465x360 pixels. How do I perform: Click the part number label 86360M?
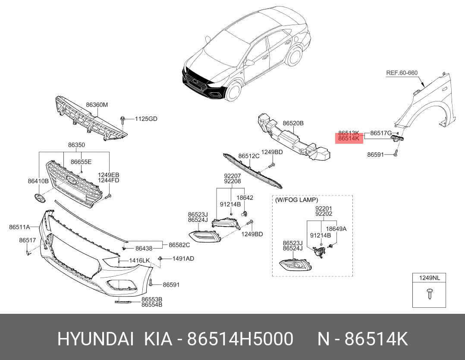[x=97, y=105]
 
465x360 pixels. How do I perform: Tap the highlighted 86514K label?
[x=349, y=139]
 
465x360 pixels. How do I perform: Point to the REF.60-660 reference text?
[x=402, y=73]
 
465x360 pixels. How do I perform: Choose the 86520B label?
[x=293, y=123]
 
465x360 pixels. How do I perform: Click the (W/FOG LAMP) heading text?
[x=297, y=200]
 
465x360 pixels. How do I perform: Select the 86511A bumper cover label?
[x=19, y=227]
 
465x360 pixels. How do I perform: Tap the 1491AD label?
[x=183, y=259]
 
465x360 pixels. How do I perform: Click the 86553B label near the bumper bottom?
[x=152, y=299]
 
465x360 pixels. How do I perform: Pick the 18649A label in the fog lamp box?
[x=336, y=229]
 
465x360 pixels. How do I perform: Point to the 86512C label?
[x=249, y=156]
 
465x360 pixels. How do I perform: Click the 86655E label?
[x=81, y=162]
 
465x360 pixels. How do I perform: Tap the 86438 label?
[x=144, y=248]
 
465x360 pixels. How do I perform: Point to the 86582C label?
[x=179, y=245]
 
